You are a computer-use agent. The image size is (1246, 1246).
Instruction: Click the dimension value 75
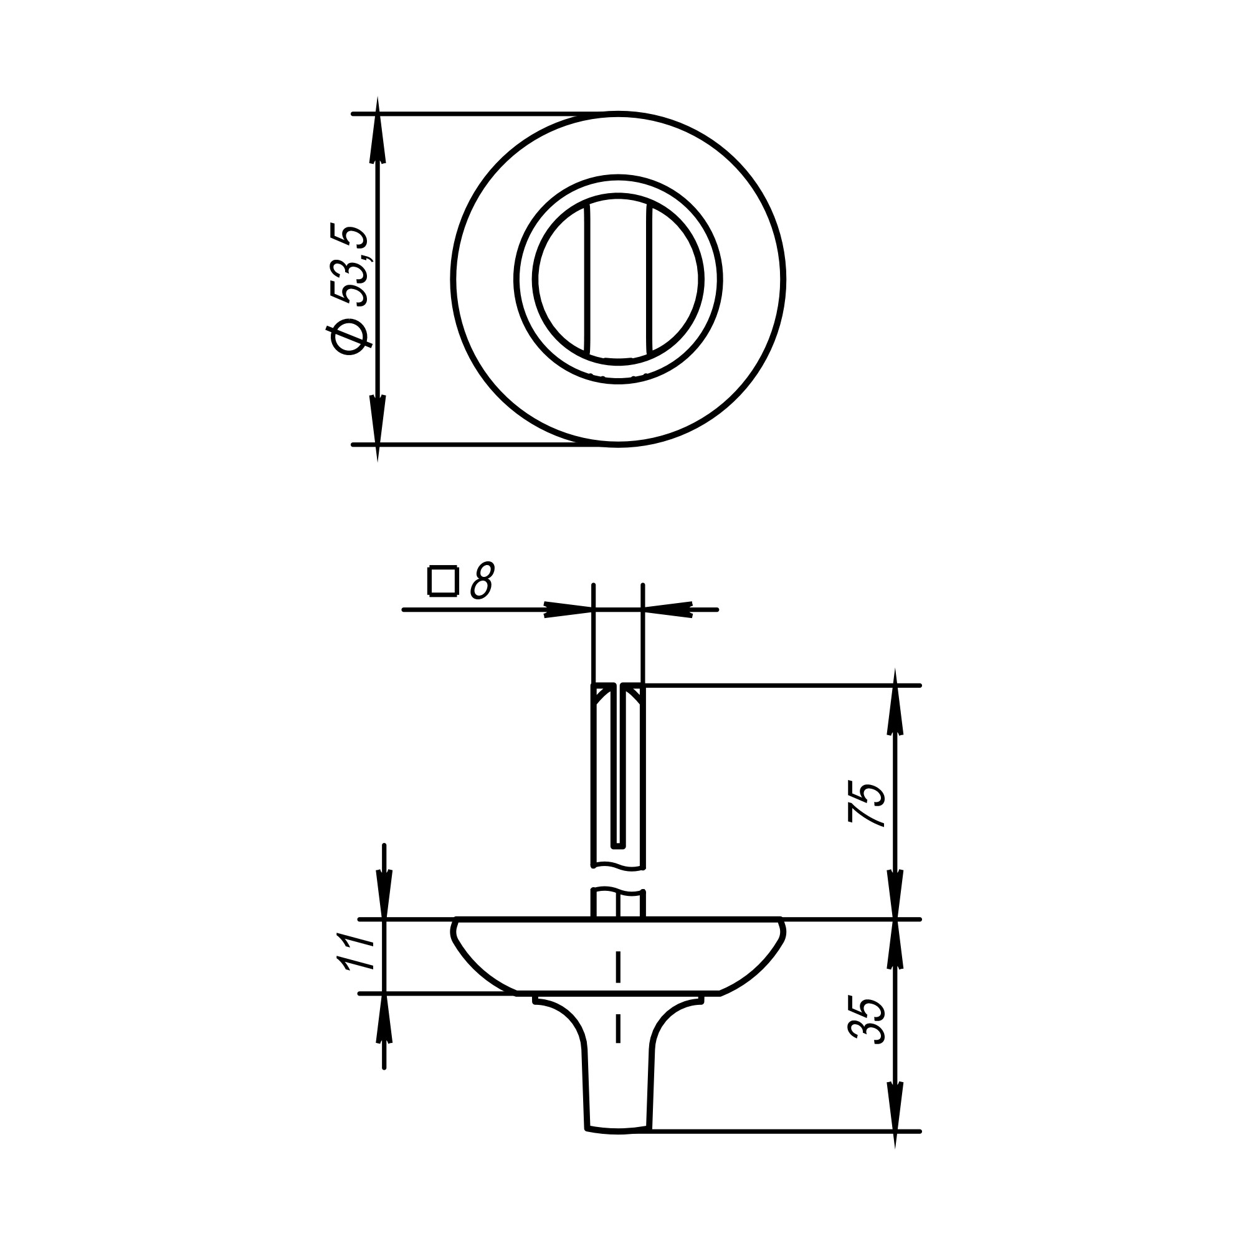(866, 804)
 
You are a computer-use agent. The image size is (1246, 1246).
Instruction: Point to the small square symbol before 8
(443, 581)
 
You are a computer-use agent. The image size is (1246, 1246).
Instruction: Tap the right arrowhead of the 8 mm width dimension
(668, 609)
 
